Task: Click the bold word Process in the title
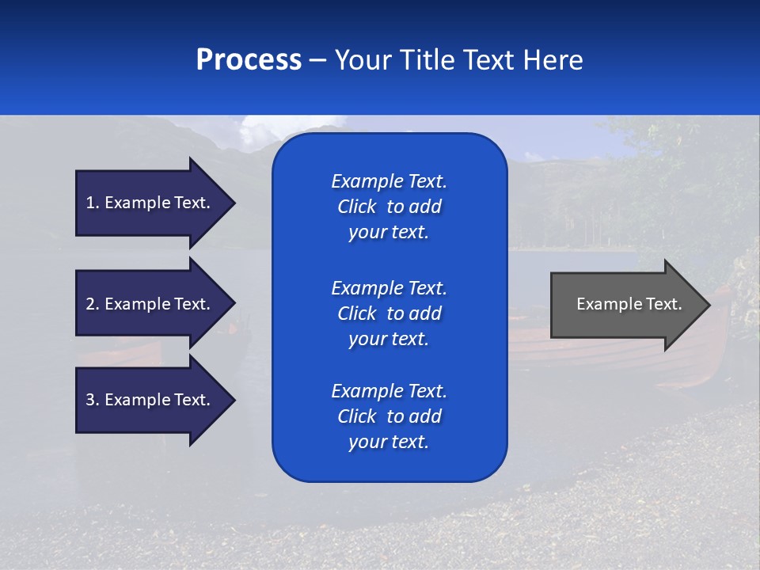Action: click(249, 60)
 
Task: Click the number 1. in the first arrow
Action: click(93, 203)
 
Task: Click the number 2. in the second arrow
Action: click(93, 304)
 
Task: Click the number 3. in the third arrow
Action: click(93, 400)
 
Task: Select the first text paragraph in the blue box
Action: click(389, 207)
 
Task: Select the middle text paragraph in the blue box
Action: click(389, 313)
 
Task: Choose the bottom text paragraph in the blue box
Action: click(389, 416)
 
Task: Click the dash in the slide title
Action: click(317, 61)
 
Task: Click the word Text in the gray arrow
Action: click(664, 304)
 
